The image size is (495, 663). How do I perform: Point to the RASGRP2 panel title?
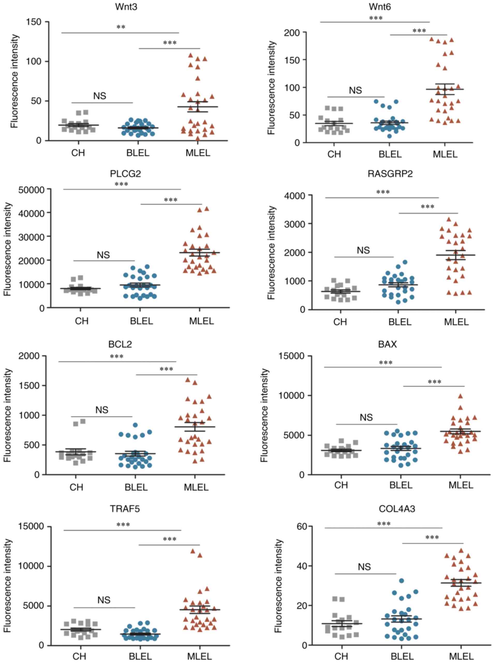tap(390, 174)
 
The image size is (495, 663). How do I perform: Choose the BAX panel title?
tap(387, 344)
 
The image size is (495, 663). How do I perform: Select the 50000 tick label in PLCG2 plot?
tap(32, 189)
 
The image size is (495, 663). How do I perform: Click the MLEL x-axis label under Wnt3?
tap(198, 153)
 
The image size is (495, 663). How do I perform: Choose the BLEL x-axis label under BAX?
tap(401, 485)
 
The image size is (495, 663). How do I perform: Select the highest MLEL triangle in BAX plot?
tap(461, 396)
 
